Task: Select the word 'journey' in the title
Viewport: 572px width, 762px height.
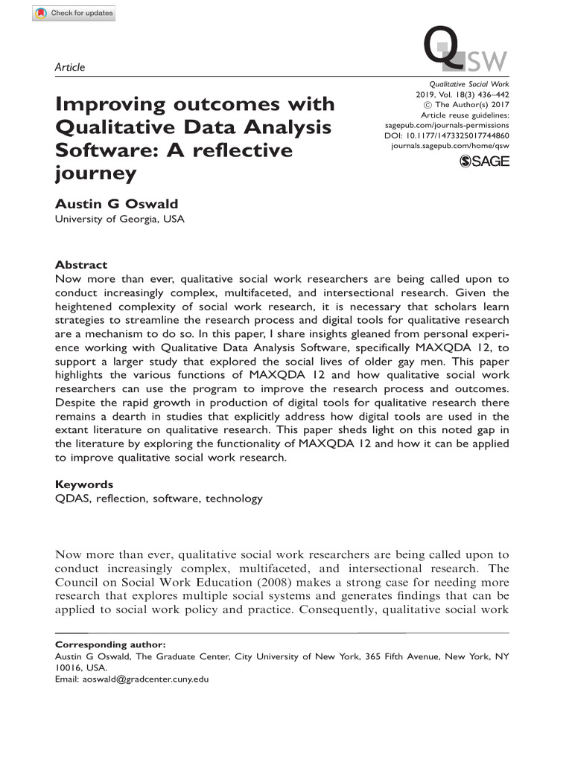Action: [x=96, y=173]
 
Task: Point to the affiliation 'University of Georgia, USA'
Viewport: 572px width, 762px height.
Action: [x=120, y=219]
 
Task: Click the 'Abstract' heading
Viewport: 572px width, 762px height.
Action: [x=81, y=265]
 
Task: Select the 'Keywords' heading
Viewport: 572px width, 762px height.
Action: [x=84, y=484]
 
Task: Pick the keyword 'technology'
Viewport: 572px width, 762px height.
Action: [x=234, y=499]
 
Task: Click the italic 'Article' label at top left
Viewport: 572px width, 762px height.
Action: [x=70, y=67]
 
